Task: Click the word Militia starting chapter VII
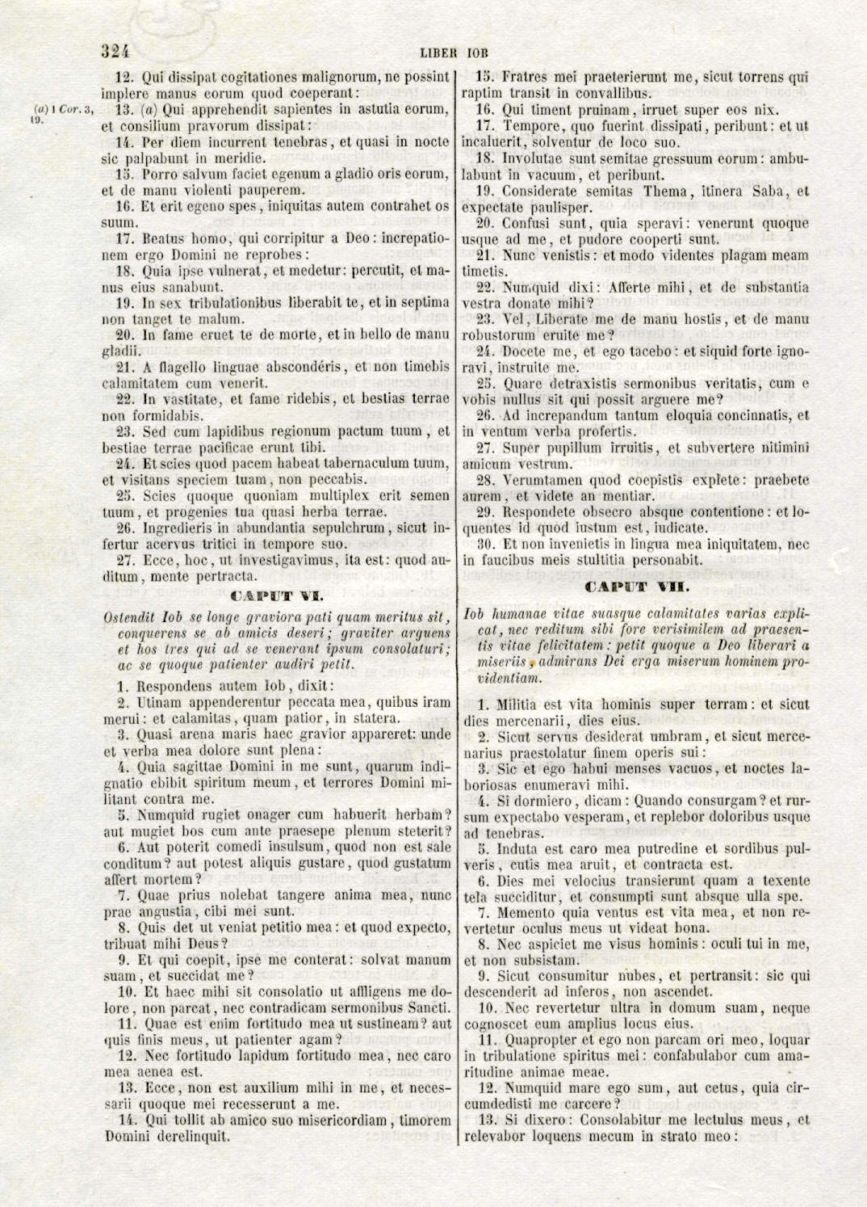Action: click(x=525, y=704)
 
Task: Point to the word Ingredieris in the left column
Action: click(x=176, y=528)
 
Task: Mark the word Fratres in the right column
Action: click(x=528, y=78)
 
